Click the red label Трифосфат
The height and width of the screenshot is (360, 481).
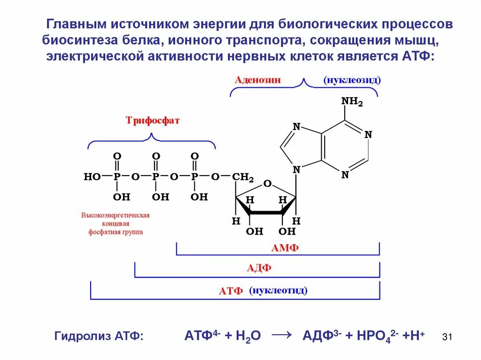click(153, 121)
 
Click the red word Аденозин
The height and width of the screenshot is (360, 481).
click(258, 80)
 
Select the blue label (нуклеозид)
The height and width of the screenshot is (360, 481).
click(352, 80)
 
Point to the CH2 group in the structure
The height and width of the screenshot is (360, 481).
click(243, 177)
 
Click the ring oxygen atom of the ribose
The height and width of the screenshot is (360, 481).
click(267, 184)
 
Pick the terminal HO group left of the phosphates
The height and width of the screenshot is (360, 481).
click(92, 177)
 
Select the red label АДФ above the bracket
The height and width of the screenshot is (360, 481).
click(259, 269)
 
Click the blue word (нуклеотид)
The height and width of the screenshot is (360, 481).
click(279, 291)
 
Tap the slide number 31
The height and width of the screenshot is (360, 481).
click(447, 337)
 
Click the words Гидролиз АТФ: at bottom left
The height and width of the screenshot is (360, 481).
click(99, 336)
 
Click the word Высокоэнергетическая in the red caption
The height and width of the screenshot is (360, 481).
click(116, 215)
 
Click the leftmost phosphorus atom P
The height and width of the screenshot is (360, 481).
click(117, 177)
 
